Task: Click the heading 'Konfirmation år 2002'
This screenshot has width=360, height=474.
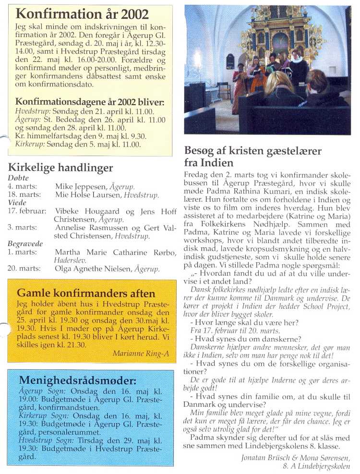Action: (82, 13)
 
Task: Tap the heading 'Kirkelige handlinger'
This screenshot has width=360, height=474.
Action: (60, 168)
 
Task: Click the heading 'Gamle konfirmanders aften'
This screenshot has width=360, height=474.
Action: (86, 293)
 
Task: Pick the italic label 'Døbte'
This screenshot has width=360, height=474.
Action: (18, 178)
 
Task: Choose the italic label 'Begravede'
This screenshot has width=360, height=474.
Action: (25, 244)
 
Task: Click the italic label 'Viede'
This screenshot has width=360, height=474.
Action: (17, 203)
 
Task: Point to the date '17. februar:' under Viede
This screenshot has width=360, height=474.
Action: (27, 211)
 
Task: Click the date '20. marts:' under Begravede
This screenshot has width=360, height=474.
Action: (24, 269)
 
